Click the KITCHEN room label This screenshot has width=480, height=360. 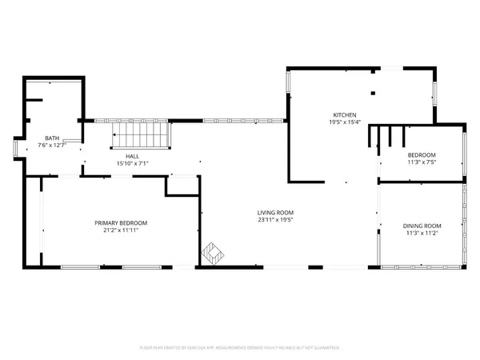point(345,114)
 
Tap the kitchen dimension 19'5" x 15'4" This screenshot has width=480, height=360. point(345,122)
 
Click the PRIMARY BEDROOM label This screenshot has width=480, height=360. point(121,222)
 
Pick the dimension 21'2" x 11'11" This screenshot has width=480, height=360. point(121,230)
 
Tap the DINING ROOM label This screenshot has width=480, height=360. point(422,226)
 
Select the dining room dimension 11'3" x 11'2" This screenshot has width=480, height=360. point(422,234)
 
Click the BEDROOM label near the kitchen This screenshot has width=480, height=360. point(422,154)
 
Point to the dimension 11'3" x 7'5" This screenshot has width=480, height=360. point(422,162)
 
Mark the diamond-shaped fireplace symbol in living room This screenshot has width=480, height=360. point(212,254)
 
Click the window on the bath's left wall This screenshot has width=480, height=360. point(17,149)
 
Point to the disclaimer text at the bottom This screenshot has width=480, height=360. point(240,348)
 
